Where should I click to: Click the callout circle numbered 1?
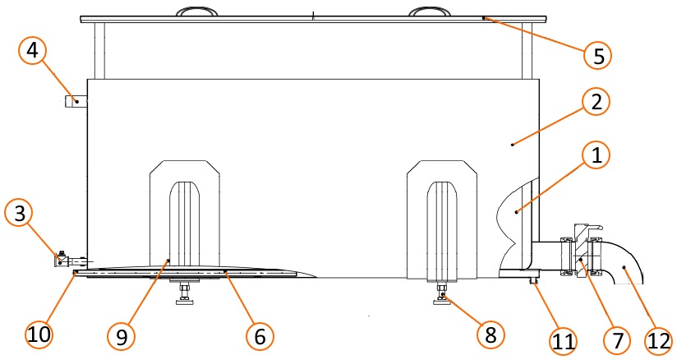tap(596, 155)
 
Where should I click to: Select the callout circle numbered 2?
tap(596, 102)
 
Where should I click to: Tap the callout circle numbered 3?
tap(20, 214)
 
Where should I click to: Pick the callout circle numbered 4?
tap(32, 51)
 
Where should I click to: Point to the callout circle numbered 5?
tap(598, 55)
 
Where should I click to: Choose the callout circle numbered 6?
tap(260, 336)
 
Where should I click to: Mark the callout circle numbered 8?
tap(491, 335)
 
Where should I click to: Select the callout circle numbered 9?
tap(122, 336)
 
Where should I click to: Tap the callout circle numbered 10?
tap(39, 334)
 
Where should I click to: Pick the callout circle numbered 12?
tap(659, 341)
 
